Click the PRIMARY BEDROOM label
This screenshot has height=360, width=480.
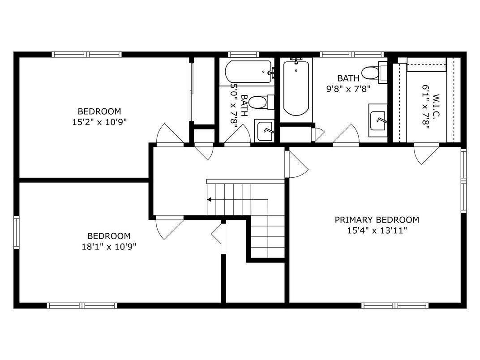tap(377, 220)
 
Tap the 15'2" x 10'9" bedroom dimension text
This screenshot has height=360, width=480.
tap(99, 122)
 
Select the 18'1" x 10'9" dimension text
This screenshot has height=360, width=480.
tap(108, 246)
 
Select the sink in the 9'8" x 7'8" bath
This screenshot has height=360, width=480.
tap(378, 120)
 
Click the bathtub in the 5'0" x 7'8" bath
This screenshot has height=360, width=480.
tap(249, 72)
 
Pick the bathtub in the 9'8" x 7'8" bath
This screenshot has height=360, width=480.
tap(296, 88)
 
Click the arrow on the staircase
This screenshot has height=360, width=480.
tap(209, 199)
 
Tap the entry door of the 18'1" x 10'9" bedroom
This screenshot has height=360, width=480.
tap(169, 227)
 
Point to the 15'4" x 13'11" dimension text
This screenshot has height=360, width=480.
tap(377, 231)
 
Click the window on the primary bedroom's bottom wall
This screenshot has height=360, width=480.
tap(395, 305)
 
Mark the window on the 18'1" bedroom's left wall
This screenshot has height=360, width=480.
tap(17, 232)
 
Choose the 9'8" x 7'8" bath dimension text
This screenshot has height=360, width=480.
tap(348, 89)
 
